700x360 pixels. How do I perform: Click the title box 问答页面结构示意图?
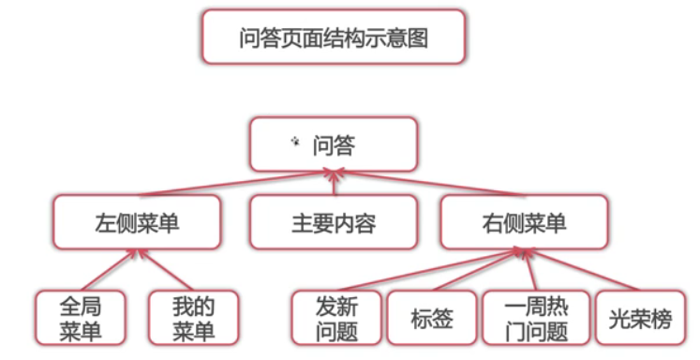tap(334, 37)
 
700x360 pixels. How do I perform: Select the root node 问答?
tap(334, 144)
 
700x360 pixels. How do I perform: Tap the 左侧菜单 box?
tap(137, 223)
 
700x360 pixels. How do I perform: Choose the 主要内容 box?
tap(333, 223)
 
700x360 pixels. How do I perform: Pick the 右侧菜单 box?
tap(524, 223)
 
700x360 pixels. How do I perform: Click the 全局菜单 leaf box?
tap(80, 318)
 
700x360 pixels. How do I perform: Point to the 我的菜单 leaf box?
tap(193, 318)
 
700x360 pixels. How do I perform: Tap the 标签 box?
tap(431, 318)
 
